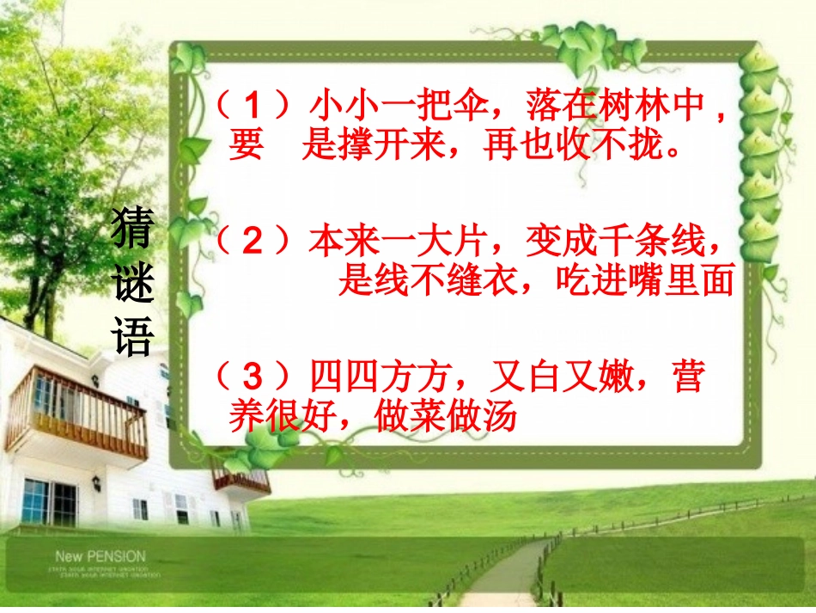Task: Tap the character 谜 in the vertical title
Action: click(x=133, y=285)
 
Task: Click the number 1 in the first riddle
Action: click(x=253, y=107)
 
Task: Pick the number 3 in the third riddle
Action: click(x=252, y=377)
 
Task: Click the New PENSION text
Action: click(x=100, y=557)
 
